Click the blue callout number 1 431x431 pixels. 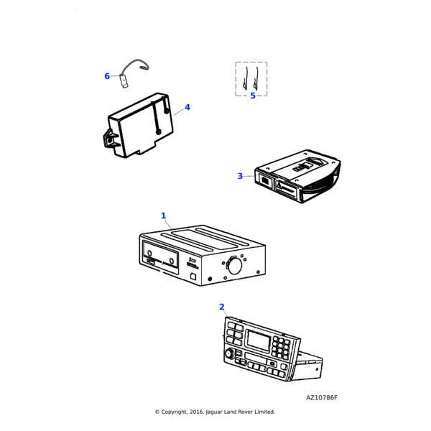pyautogui.click(x=164, y=215)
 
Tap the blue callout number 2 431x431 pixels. pyautogui.click(x=222, y=307)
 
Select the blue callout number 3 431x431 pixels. pyautogui.click(x=240, y=176)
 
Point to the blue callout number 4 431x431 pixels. pyautogui.click(x=187, y=107)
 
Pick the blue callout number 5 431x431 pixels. pyautogui.click(x=253, y=96)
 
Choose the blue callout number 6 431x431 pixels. pyautogui.click(x=107, y=76)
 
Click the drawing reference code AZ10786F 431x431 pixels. pyautogui.click(x=322, y=398)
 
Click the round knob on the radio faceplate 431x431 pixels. pyautogui.click(x=230, y=353)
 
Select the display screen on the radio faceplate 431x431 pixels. pyautogui.click(x=259, y=340)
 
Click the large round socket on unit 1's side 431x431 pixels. pyautogui.click(x=234, y=266)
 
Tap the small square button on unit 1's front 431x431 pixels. pyautogui.click(x=193, y=277)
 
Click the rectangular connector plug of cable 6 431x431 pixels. pyautogui.click(x=124, y=81)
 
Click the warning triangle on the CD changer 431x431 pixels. pyautogui.click(x=279, y=185)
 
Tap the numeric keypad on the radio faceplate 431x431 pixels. pyautogui.click(x=281, y=348)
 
